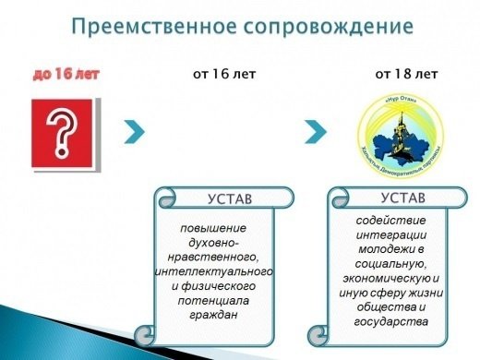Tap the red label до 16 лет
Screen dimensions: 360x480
pos(66,73)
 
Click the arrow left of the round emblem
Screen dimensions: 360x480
pos(318,131)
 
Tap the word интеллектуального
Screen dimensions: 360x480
pos(214,272)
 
